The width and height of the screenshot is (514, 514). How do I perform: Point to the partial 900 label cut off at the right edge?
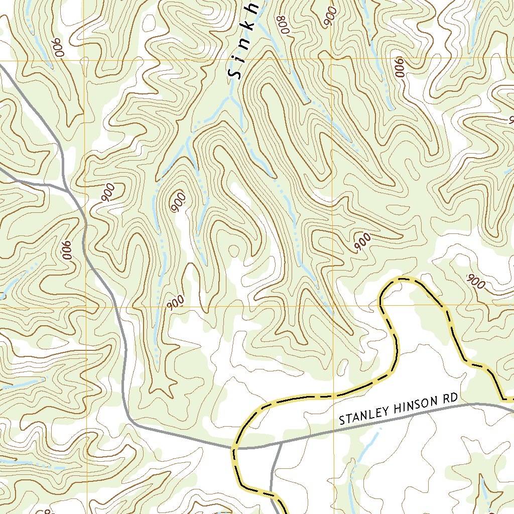510,119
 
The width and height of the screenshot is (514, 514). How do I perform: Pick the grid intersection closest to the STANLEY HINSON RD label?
333,305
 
